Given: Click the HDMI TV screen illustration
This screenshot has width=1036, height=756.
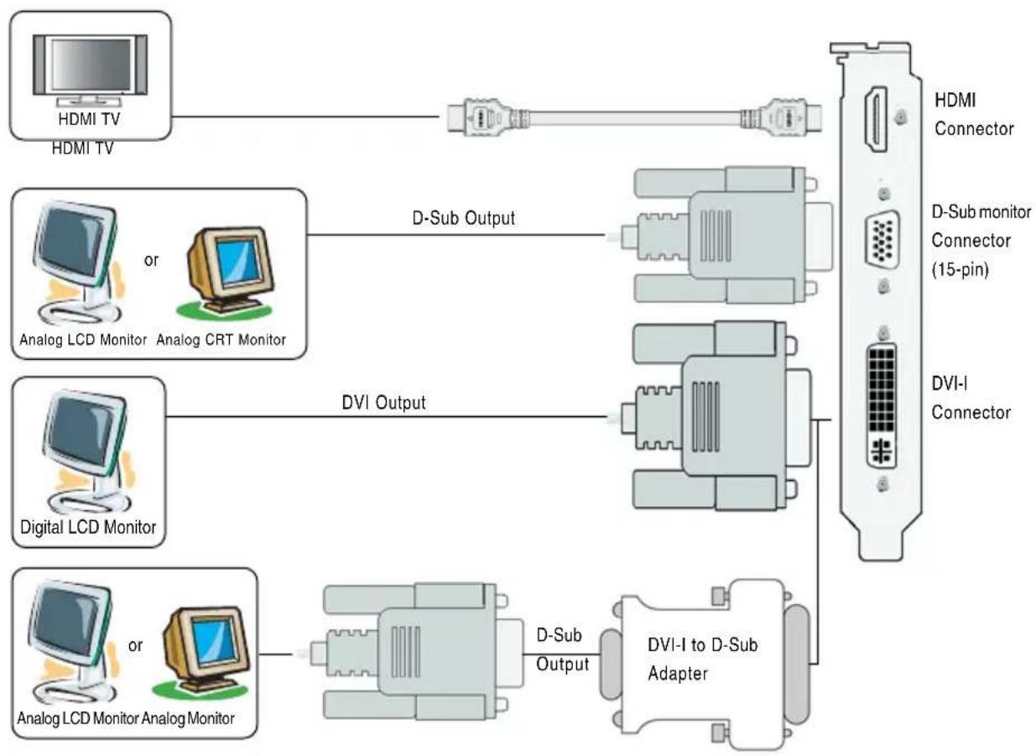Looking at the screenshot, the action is tap(91, 70).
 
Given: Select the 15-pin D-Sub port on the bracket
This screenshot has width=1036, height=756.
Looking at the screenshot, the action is tap(882, 239).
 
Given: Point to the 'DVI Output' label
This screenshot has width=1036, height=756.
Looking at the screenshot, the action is tap(383, 403).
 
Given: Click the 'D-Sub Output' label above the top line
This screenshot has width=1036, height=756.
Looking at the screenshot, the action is tap(463, 218).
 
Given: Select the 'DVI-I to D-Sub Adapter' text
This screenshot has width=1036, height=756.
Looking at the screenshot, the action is tap(702, 659).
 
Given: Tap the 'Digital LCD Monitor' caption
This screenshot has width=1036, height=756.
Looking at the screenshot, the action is tap(88, 527).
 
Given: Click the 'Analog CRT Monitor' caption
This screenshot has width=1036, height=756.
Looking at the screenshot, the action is tap(221, 340).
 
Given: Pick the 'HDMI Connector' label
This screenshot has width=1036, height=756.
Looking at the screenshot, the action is tap(974, 114).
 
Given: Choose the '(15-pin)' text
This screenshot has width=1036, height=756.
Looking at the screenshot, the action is tap(961, 269).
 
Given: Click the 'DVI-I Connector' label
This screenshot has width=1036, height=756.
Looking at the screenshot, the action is tap(971, 398).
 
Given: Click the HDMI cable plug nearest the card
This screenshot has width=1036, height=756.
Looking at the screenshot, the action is tap(781, 117).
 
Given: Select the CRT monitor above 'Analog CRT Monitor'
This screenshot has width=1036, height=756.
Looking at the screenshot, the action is tap(226, 272).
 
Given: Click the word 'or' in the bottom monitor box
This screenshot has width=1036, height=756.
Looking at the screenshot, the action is tap(135, 645).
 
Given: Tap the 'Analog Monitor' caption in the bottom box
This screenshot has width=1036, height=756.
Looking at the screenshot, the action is tap(188, 718).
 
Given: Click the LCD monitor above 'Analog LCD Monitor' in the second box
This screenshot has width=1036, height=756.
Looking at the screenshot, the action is tap(79, 263).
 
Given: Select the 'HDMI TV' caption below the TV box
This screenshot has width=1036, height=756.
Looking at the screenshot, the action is tap(82, 149).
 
